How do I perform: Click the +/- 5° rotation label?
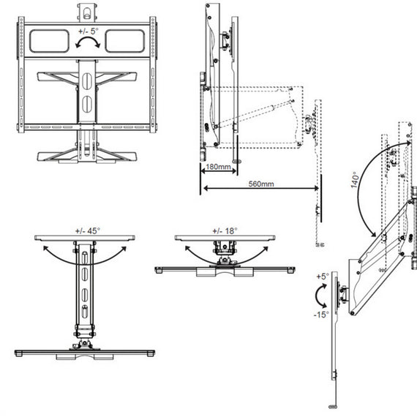pos(89,31)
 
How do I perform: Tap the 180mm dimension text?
pos(218,167)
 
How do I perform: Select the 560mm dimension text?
pos(261,184)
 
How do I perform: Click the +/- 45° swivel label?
pos(88,231)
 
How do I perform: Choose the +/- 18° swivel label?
pos(225,231)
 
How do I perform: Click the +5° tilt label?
pos(323,277)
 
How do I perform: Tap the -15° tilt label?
pos(321,315)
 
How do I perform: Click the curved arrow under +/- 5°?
pos(88,40)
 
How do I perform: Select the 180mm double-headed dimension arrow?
pos(219,171)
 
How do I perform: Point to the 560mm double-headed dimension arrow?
pos(261,188)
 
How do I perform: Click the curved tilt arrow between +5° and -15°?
pos(317,296)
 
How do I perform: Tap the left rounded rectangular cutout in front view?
pos(49,41)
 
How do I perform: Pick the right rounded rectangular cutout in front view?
pos(125,41)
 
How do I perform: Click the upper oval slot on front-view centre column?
pos(87,81)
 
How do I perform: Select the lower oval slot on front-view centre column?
pos(87,104)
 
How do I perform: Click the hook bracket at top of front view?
pos(87,12)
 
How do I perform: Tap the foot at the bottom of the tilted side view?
pos(333,407)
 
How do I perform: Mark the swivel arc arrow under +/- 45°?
pos(85,263)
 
